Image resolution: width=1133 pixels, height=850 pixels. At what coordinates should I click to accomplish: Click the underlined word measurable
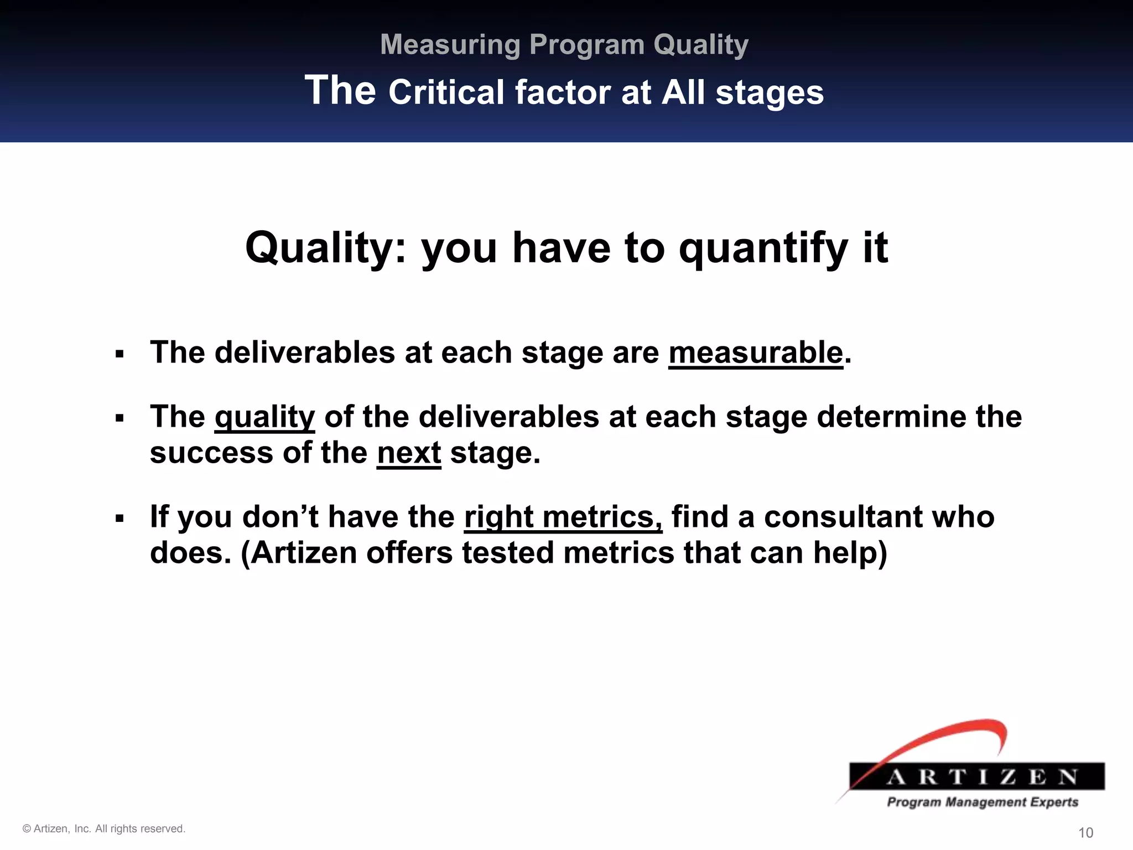click(x=755, y=353)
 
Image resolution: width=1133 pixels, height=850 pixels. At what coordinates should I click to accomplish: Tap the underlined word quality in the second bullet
click(x=264, y=417)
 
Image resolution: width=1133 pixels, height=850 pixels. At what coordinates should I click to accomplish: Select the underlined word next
click(x=409, y=453)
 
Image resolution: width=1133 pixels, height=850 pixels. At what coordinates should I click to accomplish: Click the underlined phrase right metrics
click(x=563, y=517)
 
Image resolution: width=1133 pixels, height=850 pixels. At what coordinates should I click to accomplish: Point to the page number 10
click(x=1085, y=833)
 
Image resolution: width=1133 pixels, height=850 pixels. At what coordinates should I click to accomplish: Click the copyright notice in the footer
click(x=104, y=828)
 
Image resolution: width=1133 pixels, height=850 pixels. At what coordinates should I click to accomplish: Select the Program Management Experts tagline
click(x=983, y=802)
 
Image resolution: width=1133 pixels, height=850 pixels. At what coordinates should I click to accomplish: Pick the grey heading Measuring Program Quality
click(x=564, y=44)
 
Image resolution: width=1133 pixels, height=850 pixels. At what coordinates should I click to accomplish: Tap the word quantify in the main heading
click(x=763, y=248)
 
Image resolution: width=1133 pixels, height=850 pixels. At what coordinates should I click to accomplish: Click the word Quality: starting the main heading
click(x=326, y=248)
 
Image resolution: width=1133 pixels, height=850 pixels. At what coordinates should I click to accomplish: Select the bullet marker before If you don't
click(x=119, y=519)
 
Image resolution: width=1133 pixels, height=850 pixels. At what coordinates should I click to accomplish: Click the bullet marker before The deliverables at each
click(x=119, y=354)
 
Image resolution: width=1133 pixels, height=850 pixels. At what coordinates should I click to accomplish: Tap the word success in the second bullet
click(x=211, y=453)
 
